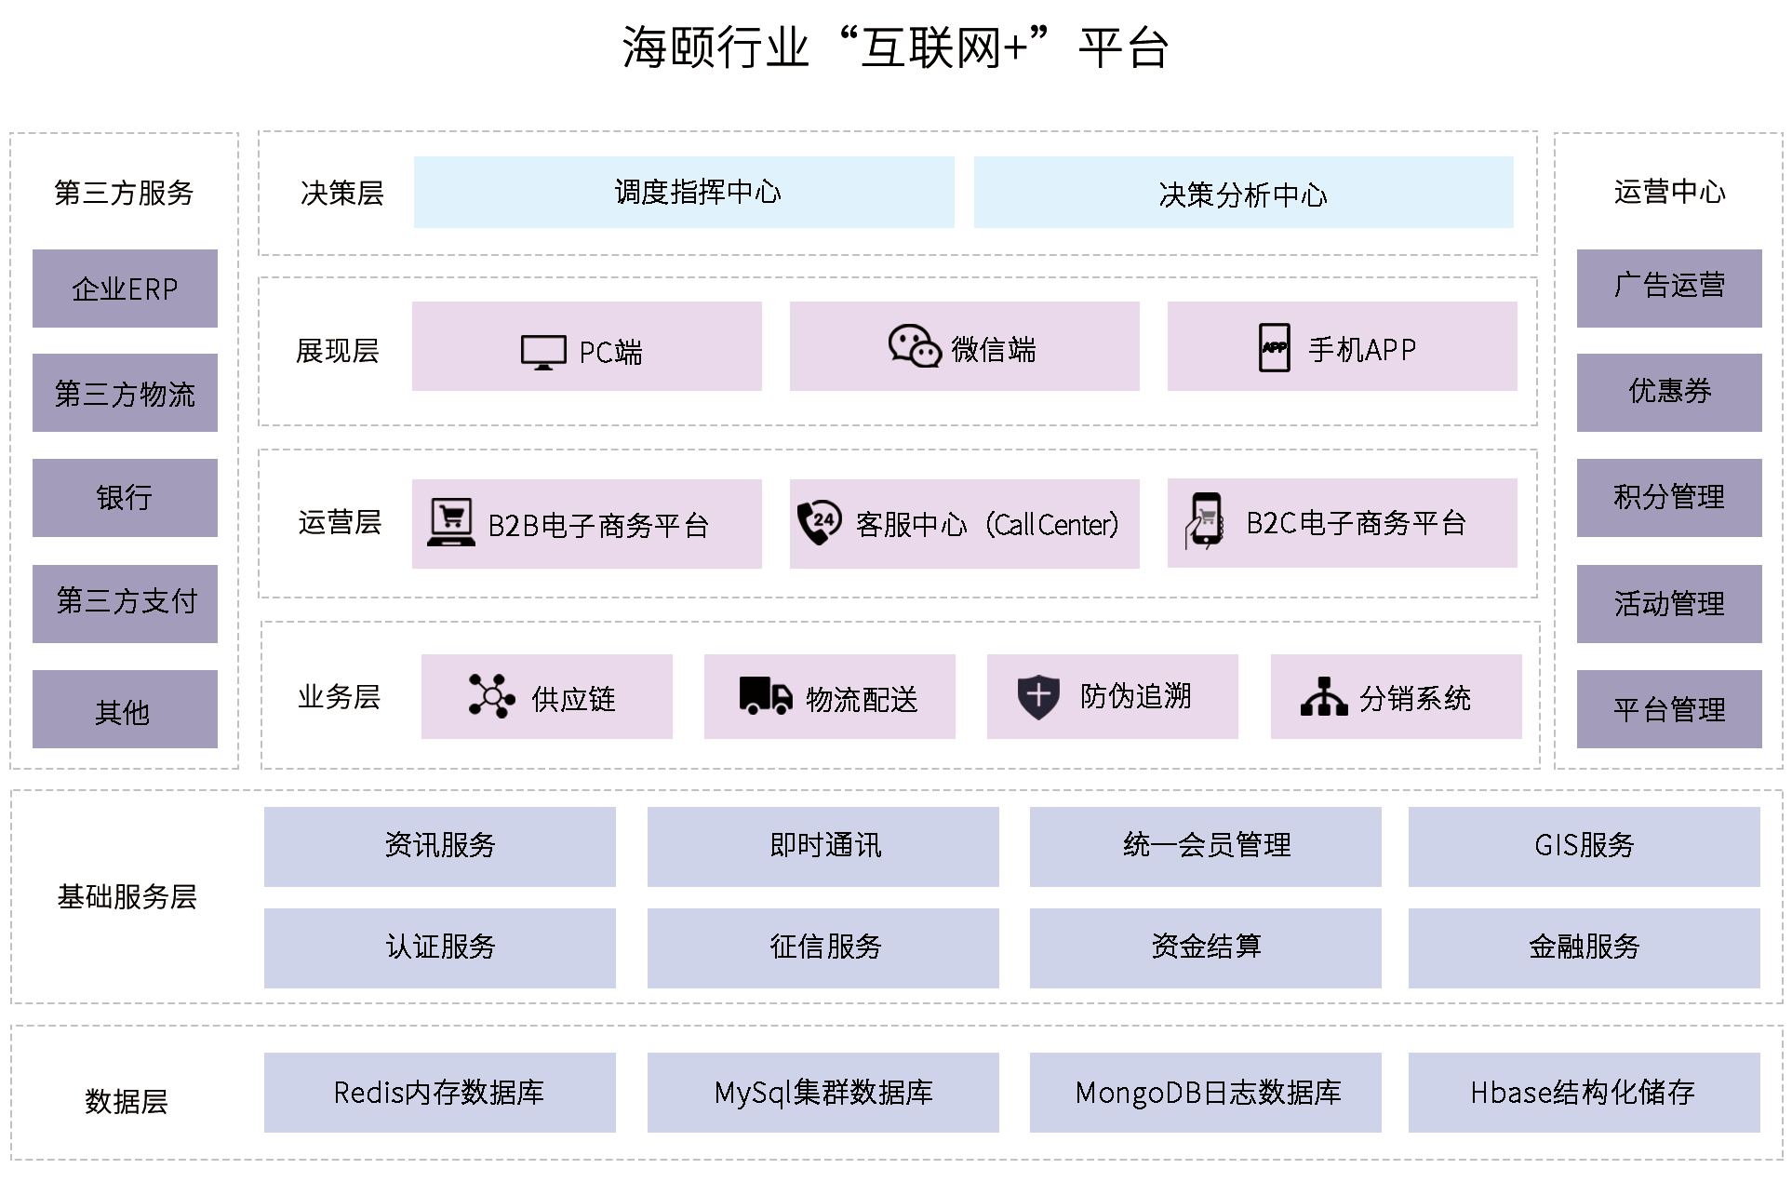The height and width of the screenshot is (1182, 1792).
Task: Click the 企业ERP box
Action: (125, 289)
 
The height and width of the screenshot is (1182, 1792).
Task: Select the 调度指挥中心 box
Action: (684, 193)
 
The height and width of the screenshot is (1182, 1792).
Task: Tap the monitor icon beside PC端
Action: (543, 352)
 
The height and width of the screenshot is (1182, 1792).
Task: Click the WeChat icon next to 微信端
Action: (914, 346)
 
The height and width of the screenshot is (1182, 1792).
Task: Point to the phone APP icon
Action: (1274, 348)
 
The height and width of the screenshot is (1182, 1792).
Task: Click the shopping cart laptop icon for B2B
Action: (451, 521)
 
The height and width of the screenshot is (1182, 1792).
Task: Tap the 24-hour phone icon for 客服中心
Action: (819, 521)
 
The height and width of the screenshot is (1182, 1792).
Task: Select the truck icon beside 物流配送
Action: (765, 695)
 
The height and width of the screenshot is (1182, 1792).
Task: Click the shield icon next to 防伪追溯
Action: (1038, 695)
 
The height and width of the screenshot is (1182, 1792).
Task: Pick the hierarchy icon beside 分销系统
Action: (1323, 696)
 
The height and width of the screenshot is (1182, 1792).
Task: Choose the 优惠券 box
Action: (1669, 392)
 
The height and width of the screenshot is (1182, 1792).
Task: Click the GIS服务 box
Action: (1584, 846)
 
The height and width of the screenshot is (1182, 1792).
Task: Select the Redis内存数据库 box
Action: (439, 1092)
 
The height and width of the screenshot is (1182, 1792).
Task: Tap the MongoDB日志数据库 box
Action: (1205, 1092)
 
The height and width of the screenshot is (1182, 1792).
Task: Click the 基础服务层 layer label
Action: (127, 896)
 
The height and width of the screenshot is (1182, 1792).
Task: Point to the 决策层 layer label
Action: (341, 193)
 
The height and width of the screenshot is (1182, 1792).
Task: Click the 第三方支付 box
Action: (125, 603)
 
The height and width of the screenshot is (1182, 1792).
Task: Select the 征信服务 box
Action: (822, 947)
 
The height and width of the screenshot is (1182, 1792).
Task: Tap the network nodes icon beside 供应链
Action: (491, 695)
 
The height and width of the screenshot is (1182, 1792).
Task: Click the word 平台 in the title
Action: (1123, 47)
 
